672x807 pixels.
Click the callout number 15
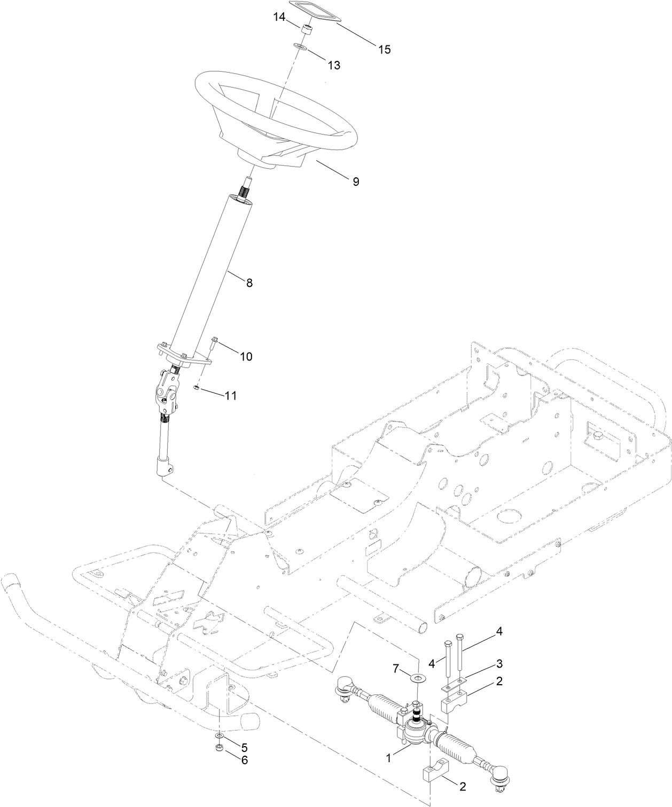coord(385,50)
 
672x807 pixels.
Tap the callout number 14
coord(279,17)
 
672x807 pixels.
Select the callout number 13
coord(334,65)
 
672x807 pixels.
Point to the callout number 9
coord(355,182)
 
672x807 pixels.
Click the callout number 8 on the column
coord(249,283)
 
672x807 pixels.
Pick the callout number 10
coord(246,356)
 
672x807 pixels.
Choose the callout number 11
coord(231,396)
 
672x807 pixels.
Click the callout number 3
coord(499,664)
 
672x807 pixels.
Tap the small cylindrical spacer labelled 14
coord(306,29)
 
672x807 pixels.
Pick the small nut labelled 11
coord(197,388)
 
